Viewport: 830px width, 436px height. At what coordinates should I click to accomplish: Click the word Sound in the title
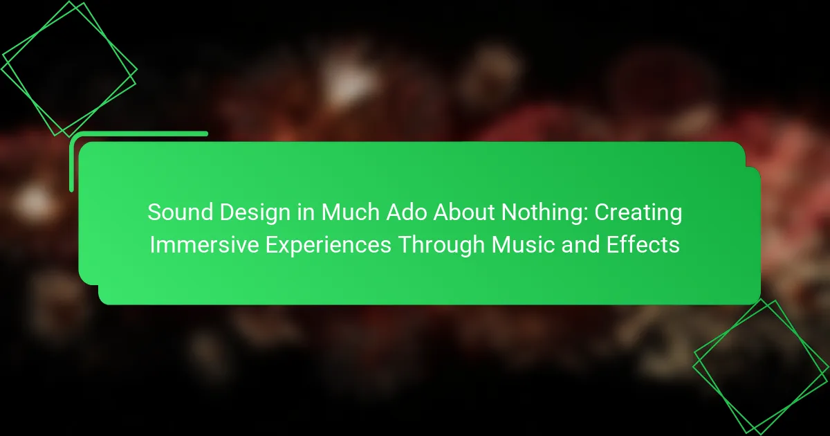coord(180,212)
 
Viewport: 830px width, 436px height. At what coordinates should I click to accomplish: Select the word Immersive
coord(204,245)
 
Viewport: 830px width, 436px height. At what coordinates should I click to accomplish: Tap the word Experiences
coord(329,246)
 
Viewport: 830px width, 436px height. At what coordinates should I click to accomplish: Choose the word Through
coord(441,246)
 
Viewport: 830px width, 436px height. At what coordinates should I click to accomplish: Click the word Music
coord(523,245)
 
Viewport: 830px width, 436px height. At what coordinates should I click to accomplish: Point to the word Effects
coord(643,245)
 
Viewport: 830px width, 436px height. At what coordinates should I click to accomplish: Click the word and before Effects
coord(580,245)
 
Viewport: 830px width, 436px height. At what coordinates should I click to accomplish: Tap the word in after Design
coord(306,212)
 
